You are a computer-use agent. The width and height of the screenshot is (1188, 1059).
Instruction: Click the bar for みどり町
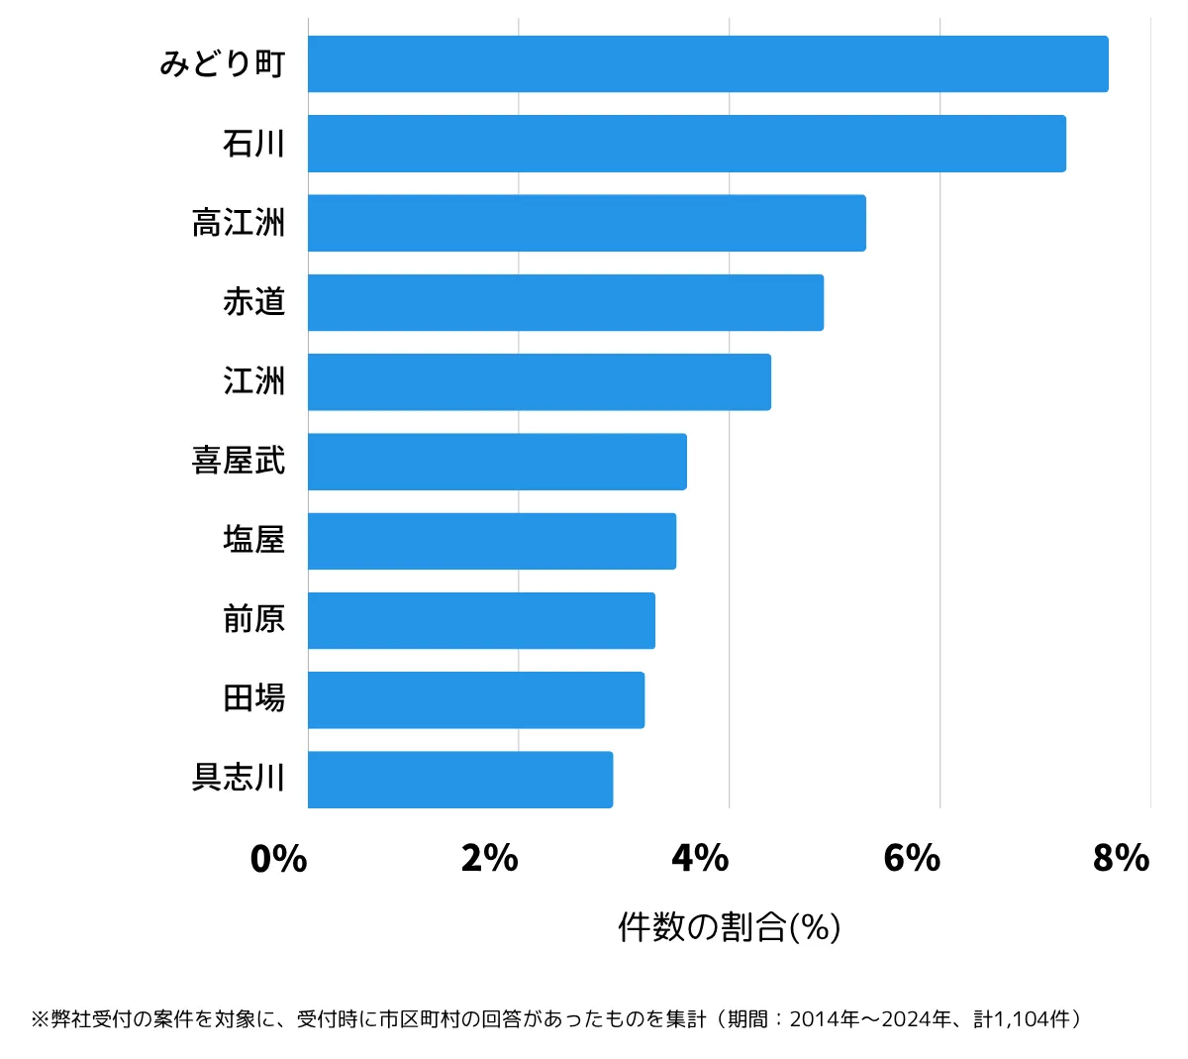[x=708, y=64]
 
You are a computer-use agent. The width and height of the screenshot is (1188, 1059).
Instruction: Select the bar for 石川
[x=687, y=144]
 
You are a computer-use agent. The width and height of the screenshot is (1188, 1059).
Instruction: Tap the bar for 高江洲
[x=587, y=223]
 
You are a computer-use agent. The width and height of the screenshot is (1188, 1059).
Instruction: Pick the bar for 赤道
[x=565, y=302]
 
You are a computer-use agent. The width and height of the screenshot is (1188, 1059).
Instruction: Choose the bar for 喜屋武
[x=497, y=462]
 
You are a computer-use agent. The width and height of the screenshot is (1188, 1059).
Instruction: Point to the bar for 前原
[x=481, y=620]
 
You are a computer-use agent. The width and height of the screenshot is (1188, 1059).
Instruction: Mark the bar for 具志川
[x=460, y=780]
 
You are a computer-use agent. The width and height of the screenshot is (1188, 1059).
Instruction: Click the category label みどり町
[x=223, y=64]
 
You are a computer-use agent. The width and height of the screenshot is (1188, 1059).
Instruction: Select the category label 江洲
[x=254, y=381]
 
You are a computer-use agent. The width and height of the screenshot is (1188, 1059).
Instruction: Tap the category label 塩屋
[x=254, y=541]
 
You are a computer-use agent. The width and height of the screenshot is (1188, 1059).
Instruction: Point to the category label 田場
[x=254, y=699]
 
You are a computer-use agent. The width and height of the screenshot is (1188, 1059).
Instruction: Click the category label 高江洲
[x=239, y=223]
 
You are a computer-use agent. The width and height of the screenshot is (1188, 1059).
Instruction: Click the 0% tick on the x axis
[x=279, y=859]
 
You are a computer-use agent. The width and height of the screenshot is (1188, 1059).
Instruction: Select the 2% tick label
[x=490, y=859]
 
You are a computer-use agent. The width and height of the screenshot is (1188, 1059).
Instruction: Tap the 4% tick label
[x=701, y=859]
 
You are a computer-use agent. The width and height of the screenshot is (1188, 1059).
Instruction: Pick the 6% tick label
[x=912, y=859]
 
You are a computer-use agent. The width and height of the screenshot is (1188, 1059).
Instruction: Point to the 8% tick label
[x=1122, y=859]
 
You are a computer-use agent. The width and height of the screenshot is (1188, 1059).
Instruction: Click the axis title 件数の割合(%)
[x=730, y=927]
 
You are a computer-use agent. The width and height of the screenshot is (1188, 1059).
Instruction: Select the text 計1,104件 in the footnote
[x=1020, y=1019]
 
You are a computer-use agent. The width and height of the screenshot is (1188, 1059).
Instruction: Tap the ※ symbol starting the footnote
[x=40, y=1019]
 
